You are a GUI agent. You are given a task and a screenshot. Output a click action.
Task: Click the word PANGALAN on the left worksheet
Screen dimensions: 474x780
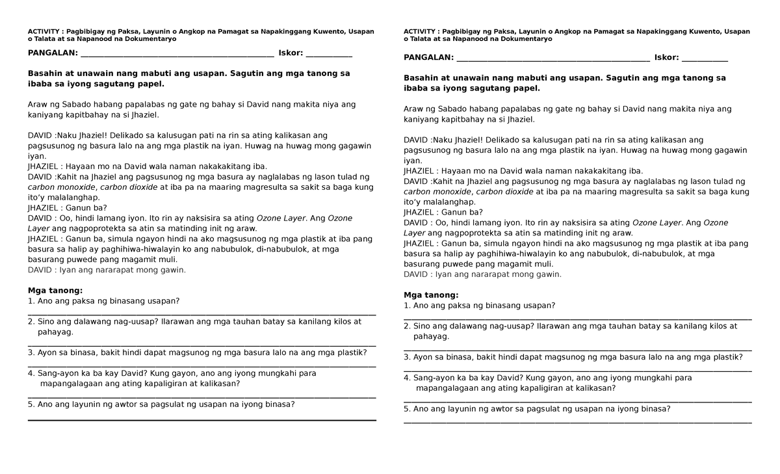point(52,53)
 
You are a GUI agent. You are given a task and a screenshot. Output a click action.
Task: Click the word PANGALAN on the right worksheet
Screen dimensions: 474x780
point(428,57)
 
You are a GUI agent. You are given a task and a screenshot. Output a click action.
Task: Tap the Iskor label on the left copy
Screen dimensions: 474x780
point(291,53)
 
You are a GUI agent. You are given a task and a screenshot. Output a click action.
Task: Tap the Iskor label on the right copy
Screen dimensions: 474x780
point(666,57)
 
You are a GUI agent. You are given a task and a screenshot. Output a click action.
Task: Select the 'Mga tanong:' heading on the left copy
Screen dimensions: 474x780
point(55,290)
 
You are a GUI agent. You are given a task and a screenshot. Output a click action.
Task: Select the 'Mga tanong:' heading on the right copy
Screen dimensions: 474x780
point(431,295)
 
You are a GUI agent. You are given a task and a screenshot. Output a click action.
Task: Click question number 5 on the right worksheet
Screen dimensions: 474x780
point(537,409)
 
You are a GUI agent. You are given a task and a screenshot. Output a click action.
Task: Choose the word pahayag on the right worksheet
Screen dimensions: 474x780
point(430,336)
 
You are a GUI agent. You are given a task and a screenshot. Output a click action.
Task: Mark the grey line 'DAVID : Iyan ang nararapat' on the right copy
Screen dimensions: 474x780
point(482,274)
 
